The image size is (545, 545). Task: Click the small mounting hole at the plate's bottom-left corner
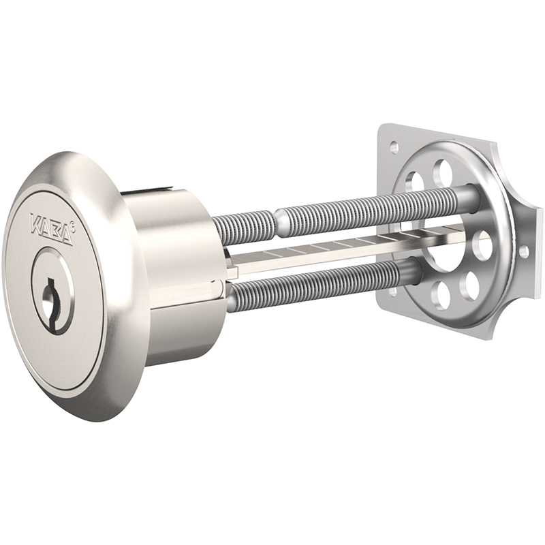(x=393, y=292)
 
